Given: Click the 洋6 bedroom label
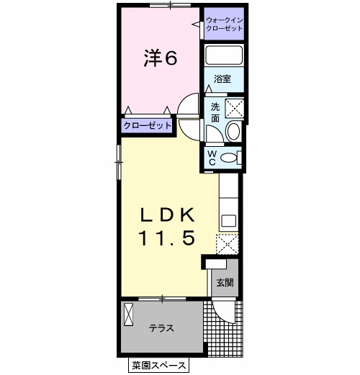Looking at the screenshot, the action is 161,58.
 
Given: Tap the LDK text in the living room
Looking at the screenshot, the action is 167,214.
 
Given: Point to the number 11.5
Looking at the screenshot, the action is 166,238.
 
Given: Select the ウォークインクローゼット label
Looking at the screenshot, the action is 225,24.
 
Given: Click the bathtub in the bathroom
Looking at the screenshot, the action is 224,55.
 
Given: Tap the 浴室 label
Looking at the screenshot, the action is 222,78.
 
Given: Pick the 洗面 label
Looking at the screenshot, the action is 215,112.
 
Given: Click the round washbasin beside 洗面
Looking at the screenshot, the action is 233,132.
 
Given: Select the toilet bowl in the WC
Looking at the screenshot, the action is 228,158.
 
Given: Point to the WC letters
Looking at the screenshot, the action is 212,158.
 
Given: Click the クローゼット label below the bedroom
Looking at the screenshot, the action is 148,125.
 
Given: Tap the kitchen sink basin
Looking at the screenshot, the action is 228,221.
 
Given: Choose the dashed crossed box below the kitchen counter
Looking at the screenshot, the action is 228,244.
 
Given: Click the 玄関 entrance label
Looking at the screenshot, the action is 225,282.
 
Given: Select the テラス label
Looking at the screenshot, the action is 161,328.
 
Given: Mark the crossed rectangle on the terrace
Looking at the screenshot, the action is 128,315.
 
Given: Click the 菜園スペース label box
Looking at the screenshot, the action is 158,365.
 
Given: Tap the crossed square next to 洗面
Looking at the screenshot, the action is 235,109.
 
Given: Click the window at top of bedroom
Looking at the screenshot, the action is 170,5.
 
